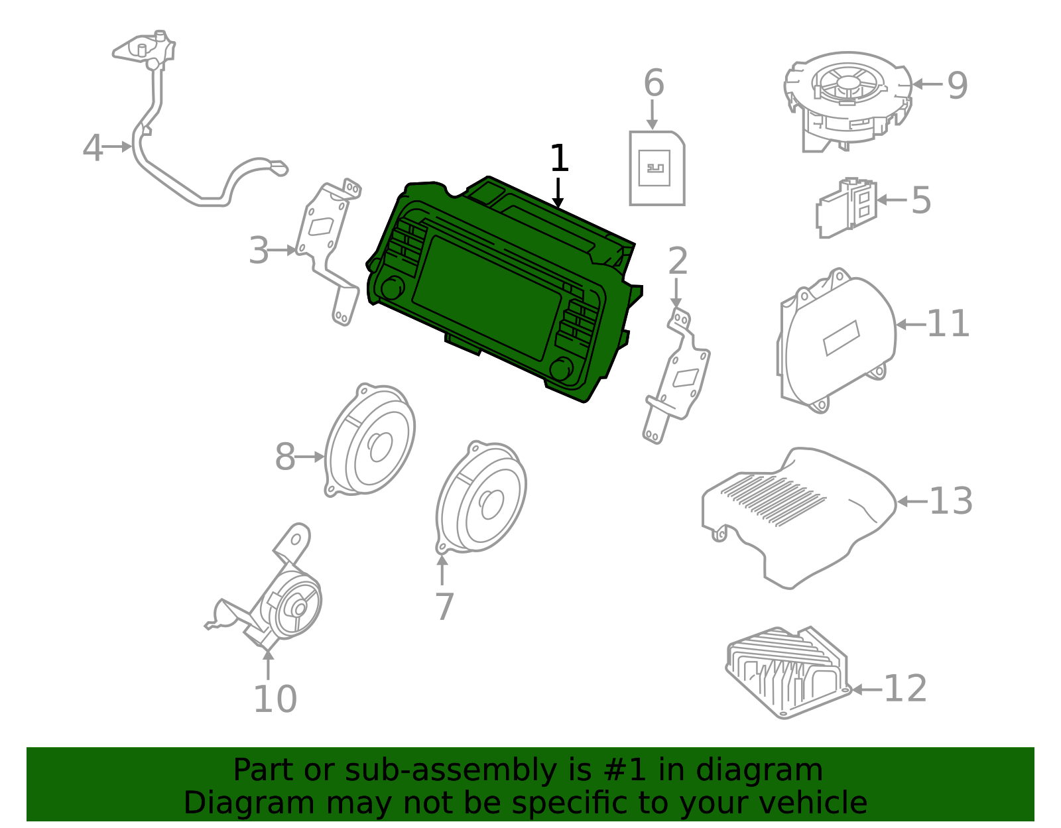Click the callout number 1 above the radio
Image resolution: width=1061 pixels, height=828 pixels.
point(559,159)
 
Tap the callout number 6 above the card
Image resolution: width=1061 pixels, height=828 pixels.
point(653,84)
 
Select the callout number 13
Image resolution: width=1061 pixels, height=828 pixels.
point(950,502)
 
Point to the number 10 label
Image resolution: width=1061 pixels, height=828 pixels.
point(275,699)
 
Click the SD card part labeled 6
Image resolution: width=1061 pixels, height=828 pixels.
point(656,168)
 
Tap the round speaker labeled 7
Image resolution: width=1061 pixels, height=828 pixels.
point(481,497)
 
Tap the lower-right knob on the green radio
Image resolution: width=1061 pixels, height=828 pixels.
point(562,369)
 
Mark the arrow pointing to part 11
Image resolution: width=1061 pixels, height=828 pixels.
point(910,325)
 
